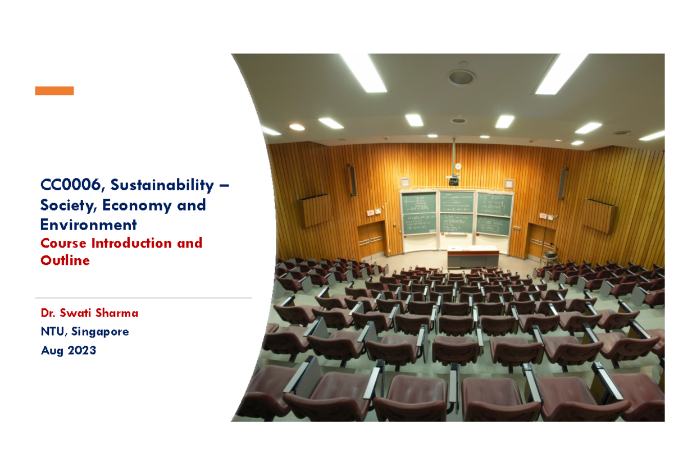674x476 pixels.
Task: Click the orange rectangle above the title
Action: point(54,91)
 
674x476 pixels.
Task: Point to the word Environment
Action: point(88,225)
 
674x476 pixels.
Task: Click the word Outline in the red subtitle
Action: point(65,260)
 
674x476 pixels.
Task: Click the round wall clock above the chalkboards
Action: point(458,166)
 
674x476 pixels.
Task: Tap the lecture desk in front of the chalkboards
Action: point(473,257)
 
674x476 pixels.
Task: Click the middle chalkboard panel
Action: point(456,213)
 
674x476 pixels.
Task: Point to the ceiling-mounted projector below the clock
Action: point(453,181)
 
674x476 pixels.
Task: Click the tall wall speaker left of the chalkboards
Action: point(352,181)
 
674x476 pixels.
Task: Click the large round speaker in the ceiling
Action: point(461,77)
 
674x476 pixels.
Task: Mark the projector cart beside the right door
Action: point(549,257)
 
